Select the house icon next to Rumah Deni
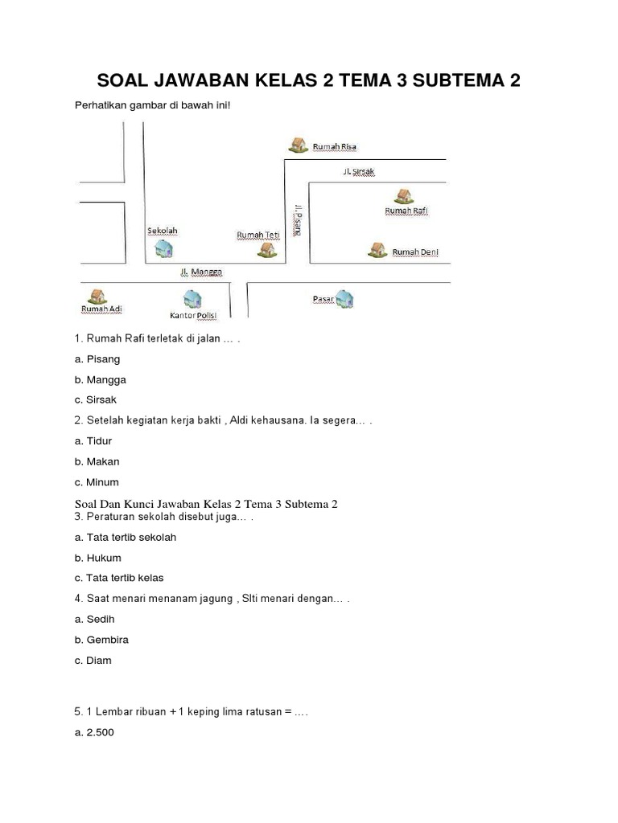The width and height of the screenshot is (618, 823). tap(376, 250)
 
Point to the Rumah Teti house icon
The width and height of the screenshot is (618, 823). tap(266, 250)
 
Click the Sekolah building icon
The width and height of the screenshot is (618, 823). tap(163, 249)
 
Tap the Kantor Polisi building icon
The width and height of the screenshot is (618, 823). tap(191, 300)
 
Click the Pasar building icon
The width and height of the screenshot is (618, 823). tap(345, 300)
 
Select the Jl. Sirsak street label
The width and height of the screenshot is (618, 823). tap(359, 171)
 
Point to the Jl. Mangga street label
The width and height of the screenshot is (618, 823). tap(201, 272)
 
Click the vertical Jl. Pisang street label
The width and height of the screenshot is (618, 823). tap(298, 218)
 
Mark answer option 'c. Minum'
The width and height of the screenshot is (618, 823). tap(97, 482)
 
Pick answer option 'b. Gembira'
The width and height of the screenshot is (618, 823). tap(101, 640)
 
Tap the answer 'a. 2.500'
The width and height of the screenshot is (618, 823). tap(94, 732)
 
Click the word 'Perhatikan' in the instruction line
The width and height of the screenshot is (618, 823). tap(101, 105)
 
